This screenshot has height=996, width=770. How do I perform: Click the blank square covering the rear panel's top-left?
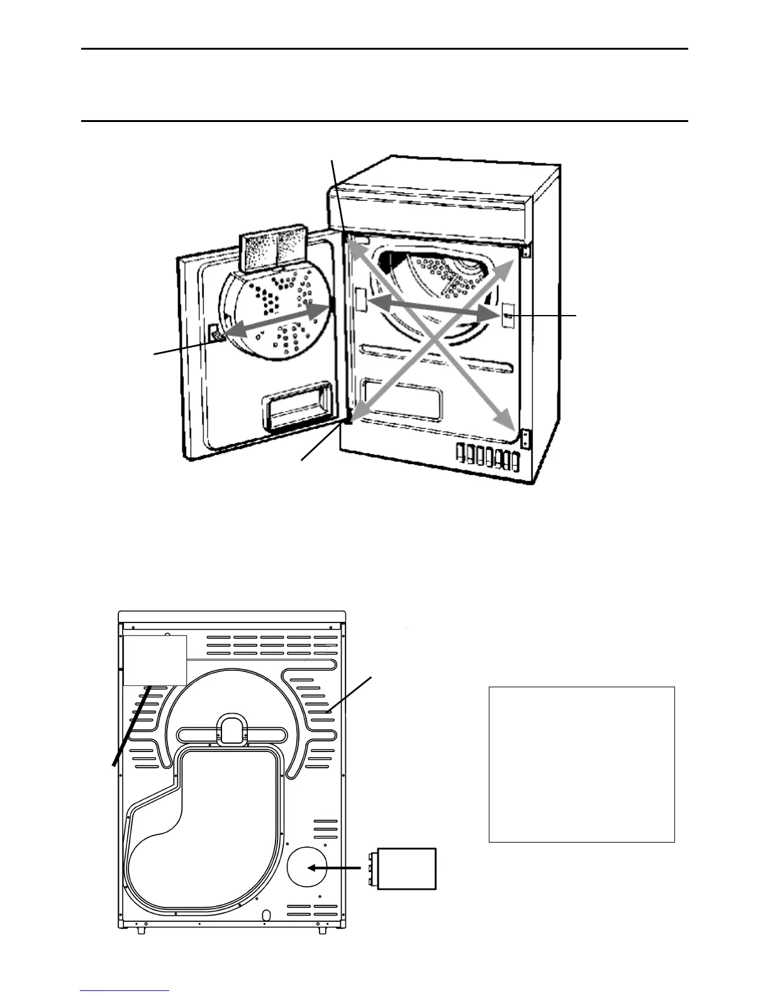[x=155, y=660]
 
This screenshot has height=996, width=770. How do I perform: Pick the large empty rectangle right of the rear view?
[x=581, y=764]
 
